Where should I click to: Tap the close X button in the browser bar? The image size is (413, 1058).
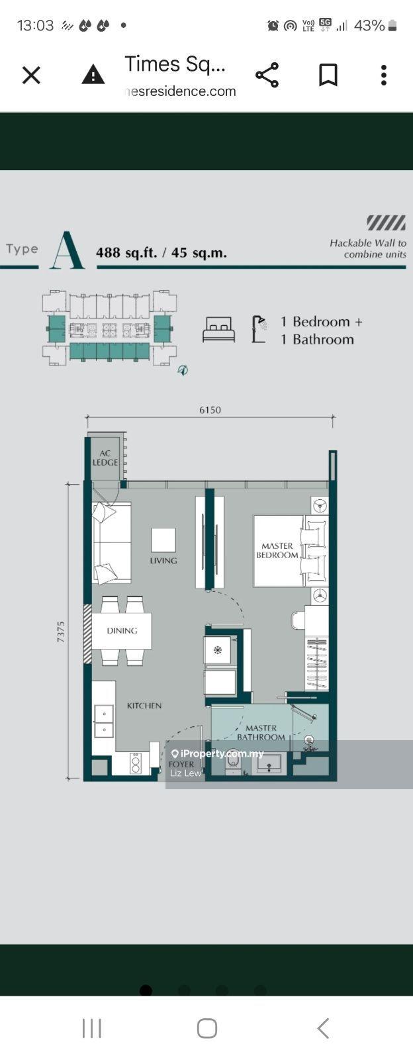pos(32,75)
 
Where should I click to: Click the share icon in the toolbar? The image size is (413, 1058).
pos(267,75)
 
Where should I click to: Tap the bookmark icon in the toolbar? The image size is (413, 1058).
pos(328,75)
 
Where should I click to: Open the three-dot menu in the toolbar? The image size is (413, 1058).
pos(384,75)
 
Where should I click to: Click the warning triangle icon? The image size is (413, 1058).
pos(93,75)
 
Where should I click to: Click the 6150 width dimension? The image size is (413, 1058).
pos(210,410)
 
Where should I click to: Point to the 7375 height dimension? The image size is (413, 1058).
pos(60,632)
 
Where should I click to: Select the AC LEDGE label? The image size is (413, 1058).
pos(105,457)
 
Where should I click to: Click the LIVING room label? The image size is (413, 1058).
pos(163,561)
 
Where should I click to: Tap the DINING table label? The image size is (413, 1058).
pos(122,630)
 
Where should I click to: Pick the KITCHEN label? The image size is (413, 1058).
pos(144,706)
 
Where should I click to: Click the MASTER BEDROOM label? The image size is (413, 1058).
pos(277,551)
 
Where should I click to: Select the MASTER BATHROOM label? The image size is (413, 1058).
pos(261,732)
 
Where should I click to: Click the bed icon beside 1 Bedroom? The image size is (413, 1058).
pos(219,329)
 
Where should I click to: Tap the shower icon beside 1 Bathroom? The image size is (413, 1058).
pos(259,329)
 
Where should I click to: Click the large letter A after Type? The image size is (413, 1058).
pos(68,250)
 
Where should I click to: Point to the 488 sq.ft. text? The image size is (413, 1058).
pos(126,253)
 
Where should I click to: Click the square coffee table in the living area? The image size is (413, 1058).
pos(163,540)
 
